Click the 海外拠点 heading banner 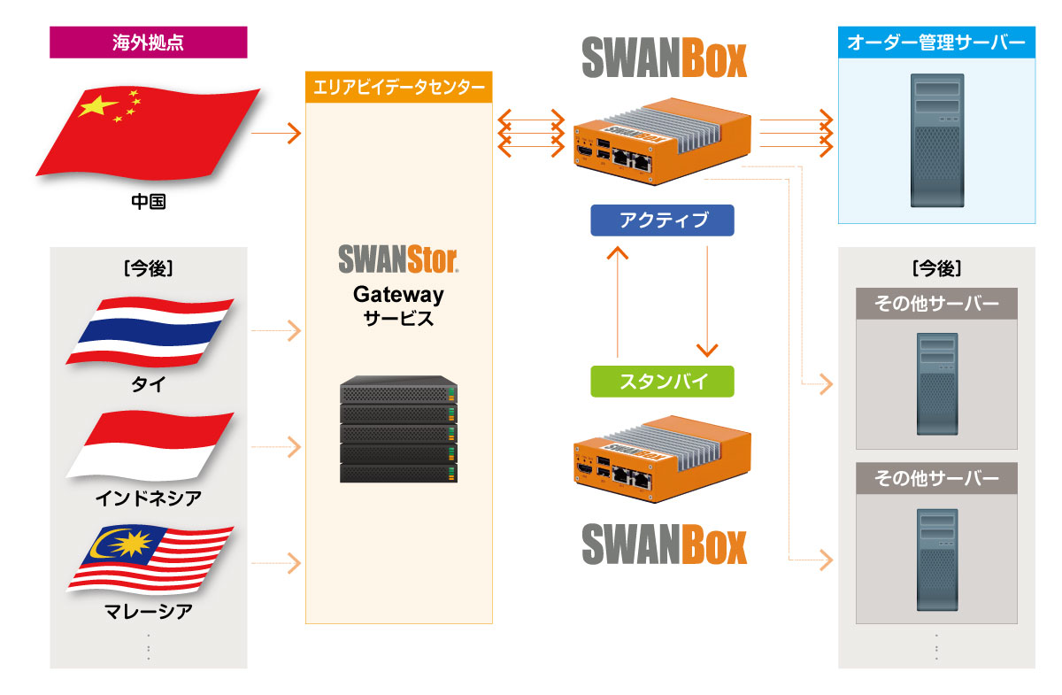(x=148, y=42)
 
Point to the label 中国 (x=148, y=202)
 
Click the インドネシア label (x=148, y=498)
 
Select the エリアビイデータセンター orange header (x=398, y=88)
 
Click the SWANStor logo (x=398, y=259)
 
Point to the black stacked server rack (x=398, y=429)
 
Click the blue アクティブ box (x=663, y=220)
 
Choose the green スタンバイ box (x=663, y=382)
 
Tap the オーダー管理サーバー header (x=936, y=42)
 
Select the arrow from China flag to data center (x=276, y=135)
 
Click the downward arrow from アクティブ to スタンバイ (x=707, y=301)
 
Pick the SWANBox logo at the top (x=664, y=58)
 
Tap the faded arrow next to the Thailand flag (x=276, y=332)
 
